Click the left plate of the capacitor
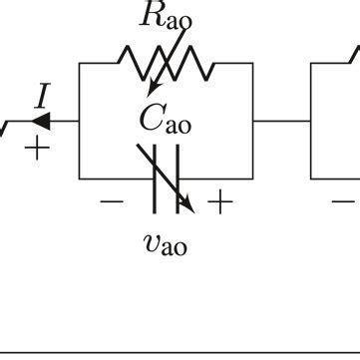156,180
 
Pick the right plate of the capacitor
177,180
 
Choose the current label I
41,96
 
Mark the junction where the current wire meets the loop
80,122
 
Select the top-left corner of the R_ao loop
80,63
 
